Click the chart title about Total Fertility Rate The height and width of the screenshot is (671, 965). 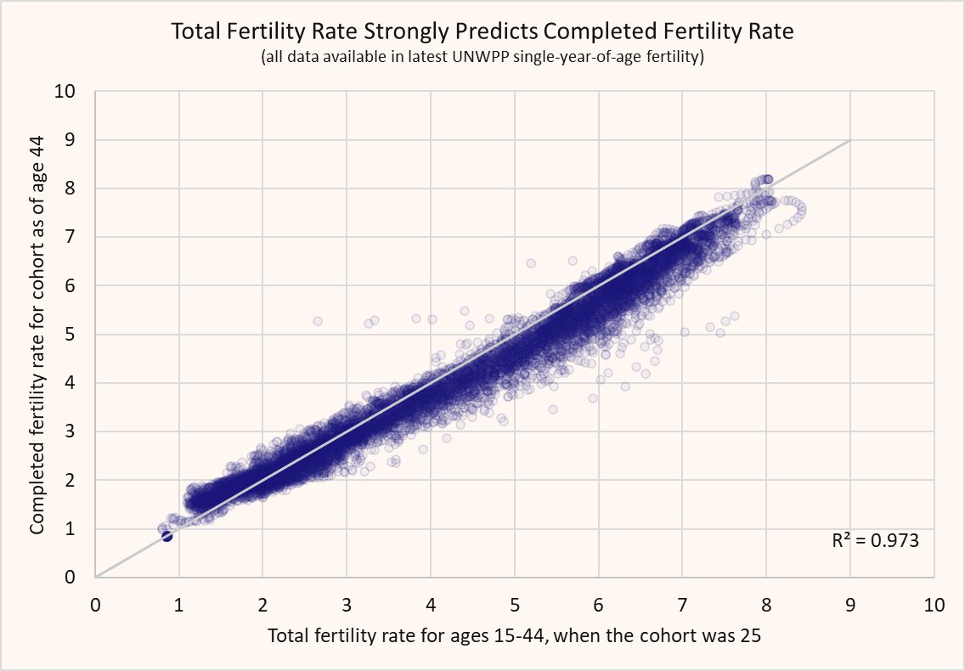coord(482,31)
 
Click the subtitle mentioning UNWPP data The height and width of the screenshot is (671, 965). coord(482,57)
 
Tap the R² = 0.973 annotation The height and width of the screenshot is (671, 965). coord(875,540)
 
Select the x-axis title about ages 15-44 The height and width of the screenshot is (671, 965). coord(514,635)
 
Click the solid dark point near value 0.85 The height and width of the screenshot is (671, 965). coord(166,536)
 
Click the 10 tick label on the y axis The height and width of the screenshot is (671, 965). coord(65,91)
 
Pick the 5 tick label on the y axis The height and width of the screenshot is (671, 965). coord(70,335)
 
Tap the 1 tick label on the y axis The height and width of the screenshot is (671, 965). coord(70,529)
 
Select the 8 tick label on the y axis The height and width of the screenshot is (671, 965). coord(70,189)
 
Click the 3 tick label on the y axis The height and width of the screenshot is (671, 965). coord(70,431)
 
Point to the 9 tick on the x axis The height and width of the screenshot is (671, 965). coord(850,605)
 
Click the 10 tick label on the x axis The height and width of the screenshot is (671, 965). coord(934,605)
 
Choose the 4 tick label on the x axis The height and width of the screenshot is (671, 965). coord(431,605)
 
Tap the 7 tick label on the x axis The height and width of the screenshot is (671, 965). coord(682,605)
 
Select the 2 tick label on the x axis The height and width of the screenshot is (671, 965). coord(262,605)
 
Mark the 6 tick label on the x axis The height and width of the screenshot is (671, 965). coord(598,605)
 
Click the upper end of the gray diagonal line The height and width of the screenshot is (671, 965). coord(850,140)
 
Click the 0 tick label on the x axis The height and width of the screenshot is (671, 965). coord(95,605)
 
